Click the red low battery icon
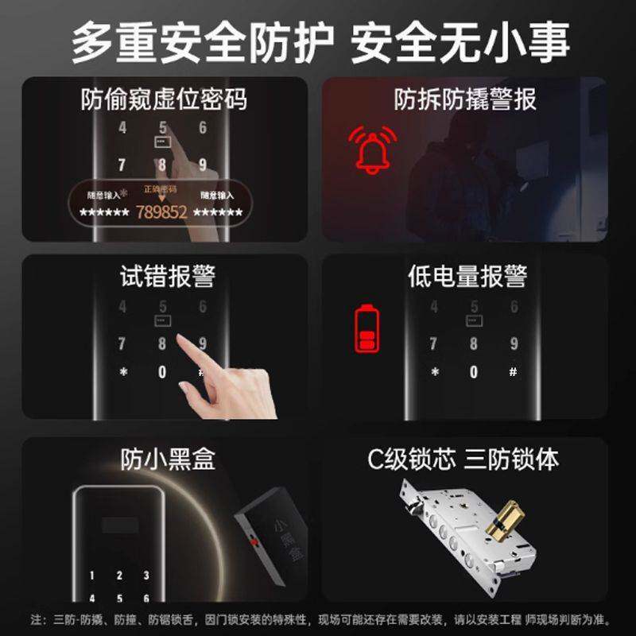pyautogui.click(x=366, y=328)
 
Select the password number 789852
pyautogui.click(x=161, y=212)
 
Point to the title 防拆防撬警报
pyautogui.click(x=465, y=99)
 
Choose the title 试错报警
pyautogui.click(x=163, y=276)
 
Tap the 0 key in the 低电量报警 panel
pyautogui.click(x=474, y=372)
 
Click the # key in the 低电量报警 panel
pyautogui.click(x=514, y=371)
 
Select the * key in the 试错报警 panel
pyautogui.click(x=122, y=372)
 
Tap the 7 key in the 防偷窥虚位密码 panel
pyautogui.click(x=122, y=165)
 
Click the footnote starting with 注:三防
pyautogui.click(x=318, y=619)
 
